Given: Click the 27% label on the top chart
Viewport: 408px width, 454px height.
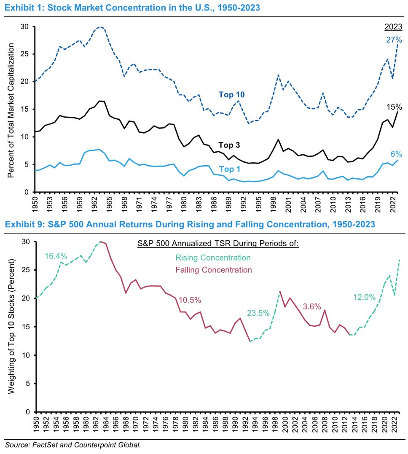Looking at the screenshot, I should coord(394,40).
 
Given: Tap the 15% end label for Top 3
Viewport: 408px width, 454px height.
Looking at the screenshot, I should coord(394,107).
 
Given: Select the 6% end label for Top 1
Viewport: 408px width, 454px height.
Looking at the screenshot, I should coord(396,155).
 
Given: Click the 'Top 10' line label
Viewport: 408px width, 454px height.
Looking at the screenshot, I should coord(232,94).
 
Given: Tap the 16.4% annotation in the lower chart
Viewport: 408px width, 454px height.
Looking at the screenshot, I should coord(56,255).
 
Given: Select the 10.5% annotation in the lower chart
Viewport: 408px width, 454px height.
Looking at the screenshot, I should coord(190,300).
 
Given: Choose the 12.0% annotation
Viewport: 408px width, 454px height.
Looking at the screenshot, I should coord(363,297).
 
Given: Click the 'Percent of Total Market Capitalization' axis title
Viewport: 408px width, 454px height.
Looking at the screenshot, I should coord(12,109).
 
